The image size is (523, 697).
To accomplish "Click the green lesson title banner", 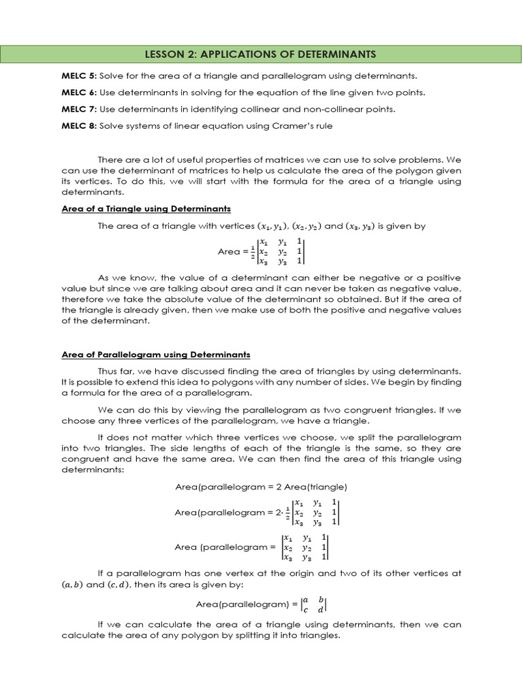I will [x=261, y=54].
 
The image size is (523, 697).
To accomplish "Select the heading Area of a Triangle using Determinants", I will [x=146, y=208].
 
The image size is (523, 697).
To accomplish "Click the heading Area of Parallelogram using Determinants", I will [x=156, y=355].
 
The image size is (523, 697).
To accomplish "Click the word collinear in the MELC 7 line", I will [x=267, y=109].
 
